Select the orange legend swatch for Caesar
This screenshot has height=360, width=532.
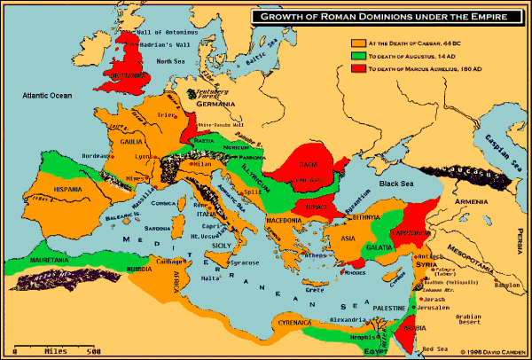tap(358, 41)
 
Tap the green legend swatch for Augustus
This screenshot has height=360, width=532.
tap(358, 53)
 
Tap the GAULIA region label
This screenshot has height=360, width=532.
tap(121, 140)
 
